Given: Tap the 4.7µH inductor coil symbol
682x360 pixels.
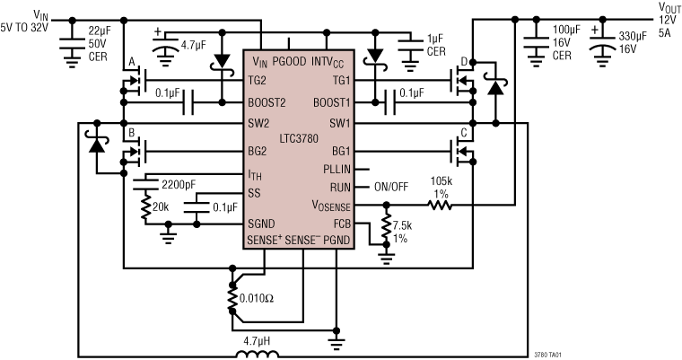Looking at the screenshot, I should tap(258, 354).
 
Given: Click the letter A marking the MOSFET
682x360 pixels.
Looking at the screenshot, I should tap(133, 62).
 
